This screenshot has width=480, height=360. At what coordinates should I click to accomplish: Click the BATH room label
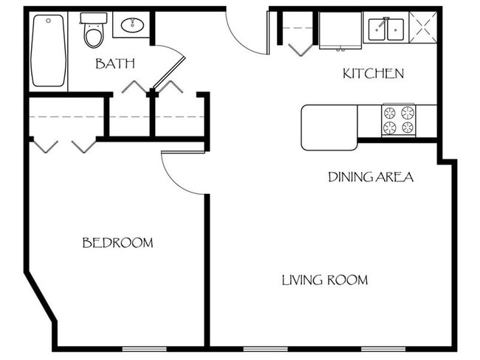tap(114, 63)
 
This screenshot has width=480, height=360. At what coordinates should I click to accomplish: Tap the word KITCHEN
tap(373, 73)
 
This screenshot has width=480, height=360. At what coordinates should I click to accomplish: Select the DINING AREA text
tap(370, 177)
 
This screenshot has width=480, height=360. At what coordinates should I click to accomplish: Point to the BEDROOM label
tap(117, 243)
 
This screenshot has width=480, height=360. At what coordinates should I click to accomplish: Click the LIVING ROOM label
tap(324, 280)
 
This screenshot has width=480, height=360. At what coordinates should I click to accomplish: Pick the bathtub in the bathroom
tap(48, 52)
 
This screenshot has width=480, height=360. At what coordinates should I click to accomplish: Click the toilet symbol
tap(94, 34)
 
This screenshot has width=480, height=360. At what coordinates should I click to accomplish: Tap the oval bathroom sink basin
tap(132, 26)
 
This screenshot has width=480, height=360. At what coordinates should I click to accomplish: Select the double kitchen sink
tap(386, 30)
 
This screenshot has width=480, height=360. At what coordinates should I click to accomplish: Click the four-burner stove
tap(398, 120)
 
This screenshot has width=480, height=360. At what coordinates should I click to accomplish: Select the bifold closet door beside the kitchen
tap(299, 43)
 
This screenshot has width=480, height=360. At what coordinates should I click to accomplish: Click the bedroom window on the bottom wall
tap(143, 348)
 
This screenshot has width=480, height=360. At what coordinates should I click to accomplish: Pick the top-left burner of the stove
tap(389, 113)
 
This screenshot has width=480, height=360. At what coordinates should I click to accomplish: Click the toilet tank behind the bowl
tap(94, 18)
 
